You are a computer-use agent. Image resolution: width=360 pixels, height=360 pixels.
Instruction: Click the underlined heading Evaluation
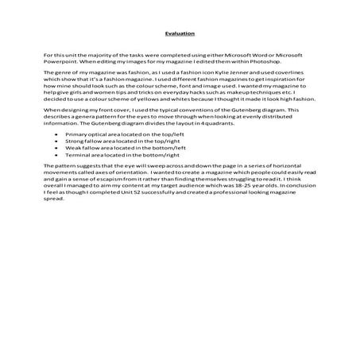(180, 34)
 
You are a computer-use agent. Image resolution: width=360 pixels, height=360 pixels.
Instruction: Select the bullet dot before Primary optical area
(68, 134)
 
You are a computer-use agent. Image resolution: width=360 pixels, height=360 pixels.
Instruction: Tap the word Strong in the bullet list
(88, 141)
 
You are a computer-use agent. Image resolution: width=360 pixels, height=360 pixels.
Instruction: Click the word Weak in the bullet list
(87, 147)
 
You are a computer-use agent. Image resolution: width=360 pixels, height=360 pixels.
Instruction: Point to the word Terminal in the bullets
(91, 153)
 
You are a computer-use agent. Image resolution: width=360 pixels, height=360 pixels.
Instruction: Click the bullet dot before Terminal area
(68, 153)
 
